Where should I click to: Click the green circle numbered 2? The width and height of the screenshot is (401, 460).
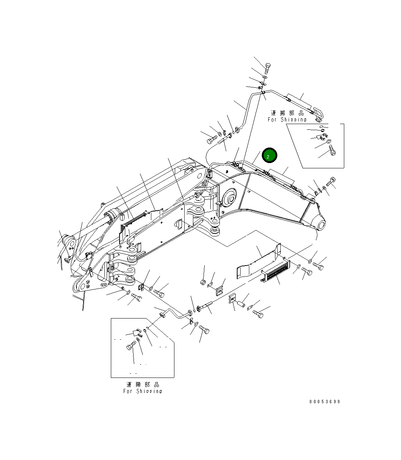click(x=268, y=155)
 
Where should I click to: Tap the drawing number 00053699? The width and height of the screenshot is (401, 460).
click(x=324, y=402)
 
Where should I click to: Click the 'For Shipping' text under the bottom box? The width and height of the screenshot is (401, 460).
click(x=143, y=391)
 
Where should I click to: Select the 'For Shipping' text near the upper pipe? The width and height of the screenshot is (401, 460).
click(x=287, y=120)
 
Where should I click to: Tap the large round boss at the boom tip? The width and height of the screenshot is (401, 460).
click(x=320, y=225)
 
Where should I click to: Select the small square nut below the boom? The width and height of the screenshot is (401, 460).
click(x=203, y=282)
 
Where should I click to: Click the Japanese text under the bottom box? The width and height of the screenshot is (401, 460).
click(x=143, y=384)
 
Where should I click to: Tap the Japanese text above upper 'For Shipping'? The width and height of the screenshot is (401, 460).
click(x=287, y=113)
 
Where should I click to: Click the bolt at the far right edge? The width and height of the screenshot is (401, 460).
click(x=331, y=181)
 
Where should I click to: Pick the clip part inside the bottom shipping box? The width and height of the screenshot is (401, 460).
click(x=134, y=333)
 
